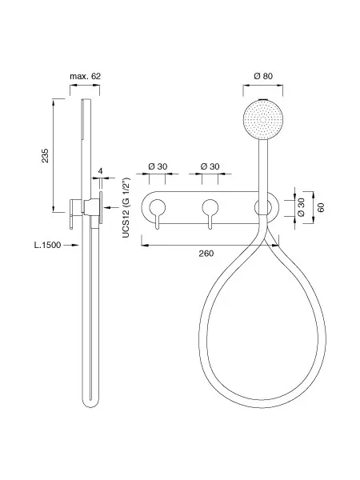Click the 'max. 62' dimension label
(85, 76)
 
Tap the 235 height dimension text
(46, 155)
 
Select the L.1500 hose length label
(47, 245)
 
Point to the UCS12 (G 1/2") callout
(126, 207)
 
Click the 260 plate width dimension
(206, 254)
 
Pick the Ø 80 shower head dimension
(263, 76)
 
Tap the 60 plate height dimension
(321, 207)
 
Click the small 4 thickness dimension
(101, 171)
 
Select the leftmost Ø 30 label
(158, 166)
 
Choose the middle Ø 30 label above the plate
(210, 166)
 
